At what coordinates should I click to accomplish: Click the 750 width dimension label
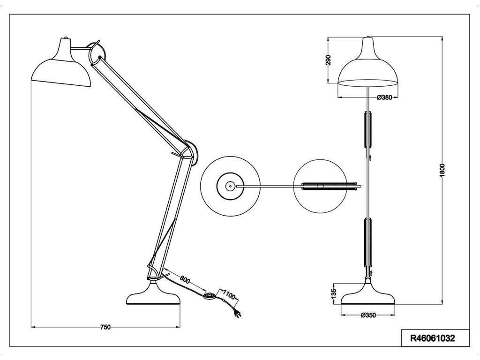pos(105,327)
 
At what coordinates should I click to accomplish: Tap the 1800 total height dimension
pos(442,170)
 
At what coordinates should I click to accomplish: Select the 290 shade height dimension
pos(329,60)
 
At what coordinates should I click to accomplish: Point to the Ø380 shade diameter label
pos(384,97)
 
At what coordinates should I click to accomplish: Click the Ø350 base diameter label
pos(368,315)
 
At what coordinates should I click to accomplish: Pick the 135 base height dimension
pos(334,293)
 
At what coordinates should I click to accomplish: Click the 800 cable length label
pos(185,280)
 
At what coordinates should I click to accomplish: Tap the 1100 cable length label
pos(228,294)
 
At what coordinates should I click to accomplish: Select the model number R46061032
pos(433,338)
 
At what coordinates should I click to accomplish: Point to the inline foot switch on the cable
pos(210,295)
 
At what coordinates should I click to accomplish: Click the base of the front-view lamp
pos(368,293)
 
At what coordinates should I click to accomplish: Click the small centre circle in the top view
pos(229,186)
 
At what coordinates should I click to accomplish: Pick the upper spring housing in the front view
pos(368,130)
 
